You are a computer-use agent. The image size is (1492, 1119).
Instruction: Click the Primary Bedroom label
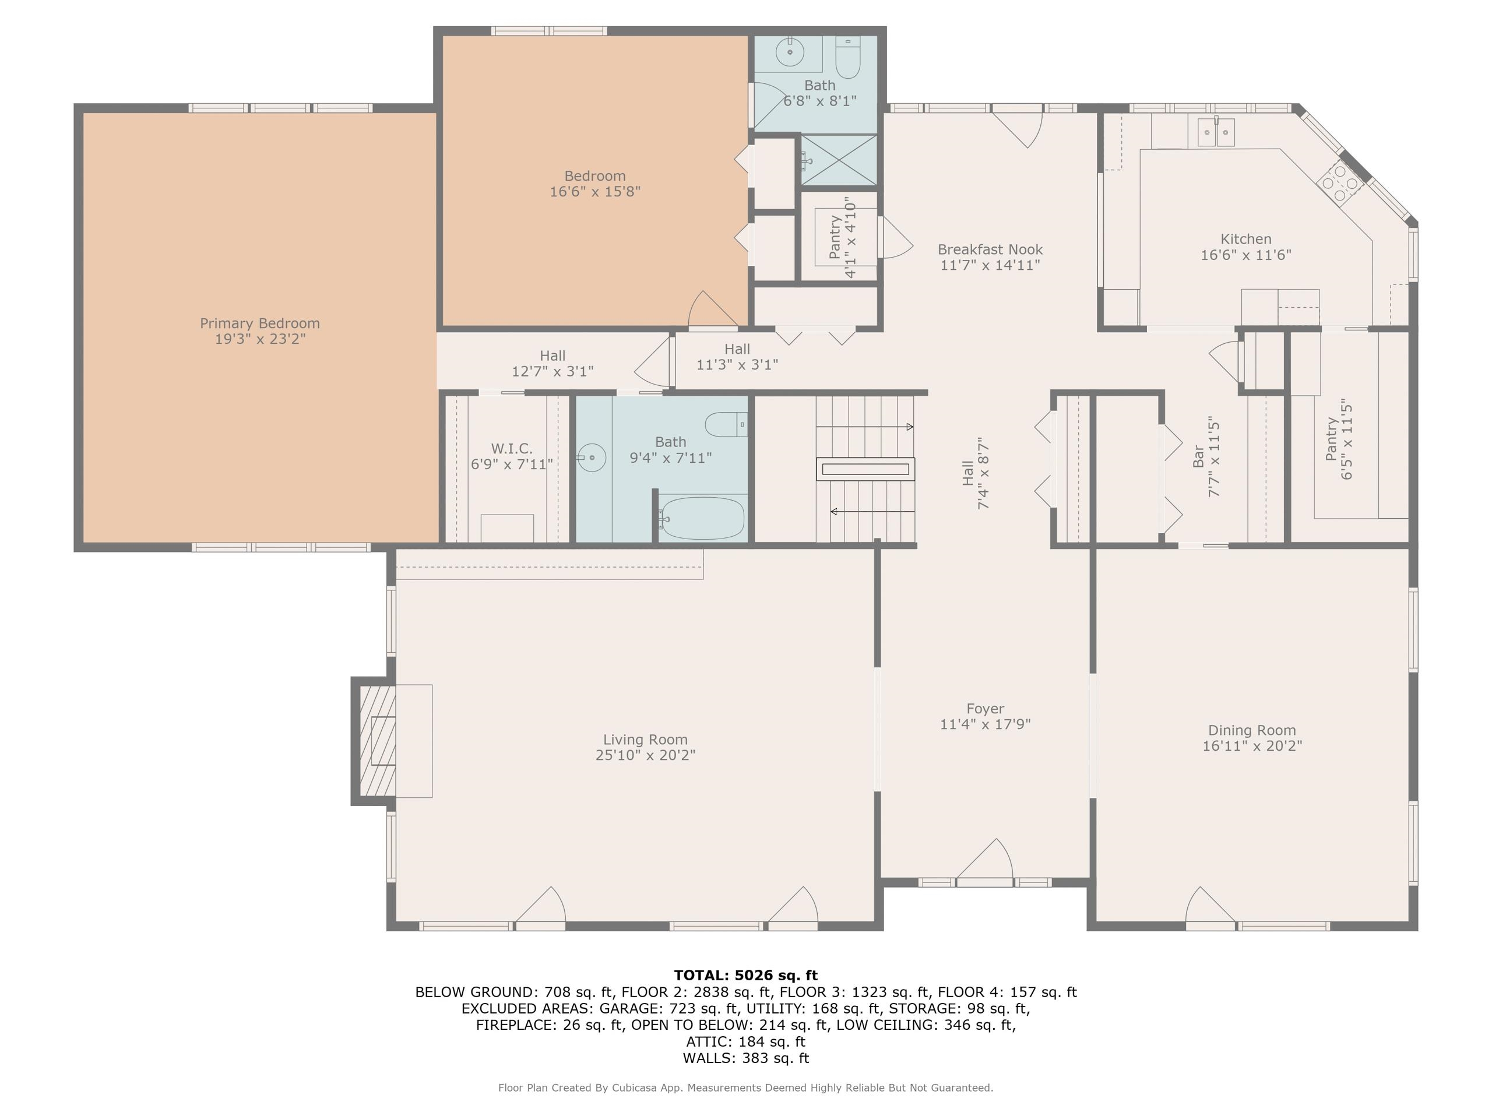[260, 323]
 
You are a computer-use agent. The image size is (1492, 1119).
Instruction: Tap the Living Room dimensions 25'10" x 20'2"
[645, 755]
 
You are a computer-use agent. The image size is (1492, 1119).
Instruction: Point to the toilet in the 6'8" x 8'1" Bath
[848, 59]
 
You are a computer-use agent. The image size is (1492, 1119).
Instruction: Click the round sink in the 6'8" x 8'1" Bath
[790, 51]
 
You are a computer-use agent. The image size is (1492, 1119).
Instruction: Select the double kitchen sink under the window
[1216, 132]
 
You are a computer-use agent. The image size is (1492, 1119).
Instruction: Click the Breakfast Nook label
[990, 249]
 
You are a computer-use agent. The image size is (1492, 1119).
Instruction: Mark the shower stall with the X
[839, 160]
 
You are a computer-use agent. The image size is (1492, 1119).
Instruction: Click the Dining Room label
[1251, 730]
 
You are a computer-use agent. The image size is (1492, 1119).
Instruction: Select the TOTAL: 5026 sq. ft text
[745, 975]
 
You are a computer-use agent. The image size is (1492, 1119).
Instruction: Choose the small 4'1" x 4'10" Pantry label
[835, 237]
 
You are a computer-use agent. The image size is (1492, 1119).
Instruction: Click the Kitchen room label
[1245, 239]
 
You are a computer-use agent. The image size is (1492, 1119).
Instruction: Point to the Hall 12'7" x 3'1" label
[553, 356]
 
